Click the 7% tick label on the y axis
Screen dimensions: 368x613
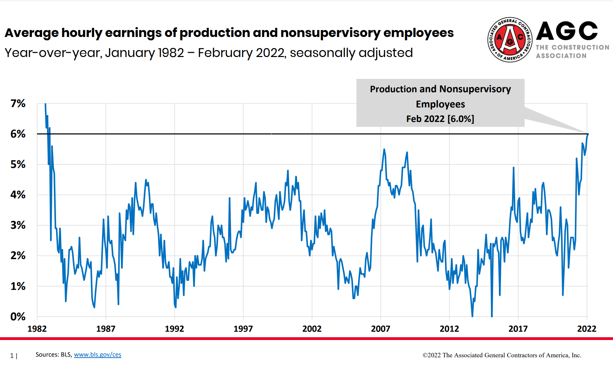18,103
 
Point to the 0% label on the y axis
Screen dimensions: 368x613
18,317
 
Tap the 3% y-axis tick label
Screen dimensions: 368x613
18,225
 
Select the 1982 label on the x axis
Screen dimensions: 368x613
37,329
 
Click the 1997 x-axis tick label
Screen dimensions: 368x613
243,329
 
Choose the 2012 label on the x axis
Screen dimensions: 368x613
449,329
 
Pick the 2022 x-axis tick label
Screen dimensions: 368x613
586,329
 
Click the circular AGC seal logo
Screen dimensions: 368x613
510,40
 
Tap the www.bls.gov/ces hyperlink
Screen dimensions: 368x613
97,355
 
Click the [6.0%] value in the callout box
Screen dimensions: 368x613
461,119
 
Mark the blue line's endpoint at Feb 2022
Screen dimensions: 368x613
587,134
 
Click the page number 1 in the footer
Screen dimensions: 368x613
12,356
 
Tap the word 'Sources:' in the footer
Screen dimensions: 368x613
47,355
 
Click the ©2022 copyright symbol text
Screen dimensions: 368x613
432,355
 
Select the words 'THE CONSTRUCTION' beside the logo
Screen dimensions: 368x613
573,47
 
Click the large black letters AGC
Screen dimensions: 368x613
567,31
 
